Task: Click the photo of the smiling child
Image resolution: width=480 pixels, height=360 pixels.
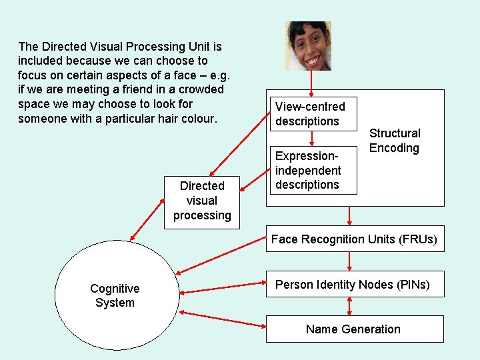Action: pos(308,45)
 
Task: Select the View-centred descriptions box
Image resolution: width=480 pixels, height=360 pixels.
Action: pos(311,114)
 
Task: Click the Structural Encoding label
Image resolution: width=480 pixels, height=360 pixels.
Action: pos(395,141)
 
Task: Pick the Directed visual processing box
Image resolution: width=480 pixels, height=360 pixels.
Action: pos(202,200)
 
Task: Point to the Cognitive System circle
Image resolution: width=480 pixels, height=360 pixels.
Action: pos(115,295)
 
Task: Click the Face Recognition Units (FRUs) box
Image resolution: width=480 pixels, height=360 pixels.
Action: pos(353,239)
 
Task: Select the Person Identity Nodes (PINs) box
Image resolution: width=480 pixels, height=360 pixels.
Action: pos(353,285)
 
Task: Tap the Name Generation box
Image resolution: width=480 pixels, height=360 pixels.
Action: pos(353,329)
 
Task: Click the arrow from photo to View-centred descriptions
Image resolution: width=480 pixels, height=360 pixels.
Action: pos(311,83)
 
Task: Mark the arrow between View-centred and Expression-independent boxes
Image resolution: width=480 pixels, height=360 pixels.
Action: pos(311,137)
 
